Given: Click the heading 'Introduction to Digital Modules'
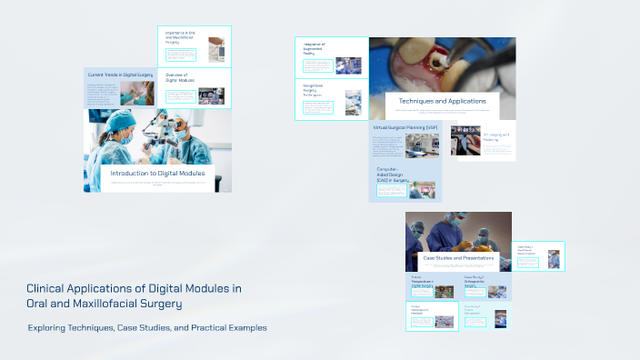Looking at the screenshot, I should [157, 173].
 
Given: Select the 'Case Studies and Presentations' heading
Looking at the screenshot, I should [458, 258].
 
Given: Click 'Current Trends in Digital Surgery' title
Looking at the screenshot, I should [120, 74].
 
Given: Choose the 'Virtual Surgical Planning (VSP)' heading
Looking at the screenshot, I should [405, 128].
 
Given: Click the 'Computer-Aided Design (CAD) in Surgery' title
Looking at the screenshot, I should [392, 175].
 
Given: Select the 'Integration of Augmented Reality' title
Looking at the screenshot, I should [315, 49].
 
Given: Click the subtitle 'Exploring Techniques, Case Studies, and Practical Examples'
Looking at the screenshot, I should [147, 327].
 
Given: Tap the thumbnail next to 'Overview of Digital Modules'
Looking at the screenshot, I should [211, 94].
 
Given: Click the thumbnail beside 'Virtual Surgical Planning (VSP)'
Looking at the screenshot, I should [423, 145].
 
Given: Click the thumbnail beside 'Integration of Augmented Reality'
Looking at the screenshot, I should [348, 65].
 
